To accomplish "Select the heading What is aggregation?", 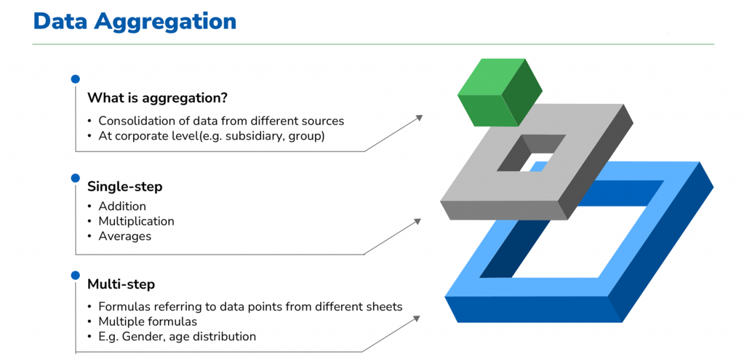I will [157, 97].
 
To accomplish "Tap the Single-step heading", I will [125, 187].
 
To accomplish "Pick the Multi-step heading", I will [121, 284].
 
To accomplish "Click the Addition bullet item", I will [122, 206].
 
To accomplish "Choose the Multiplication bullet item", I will [136, 221].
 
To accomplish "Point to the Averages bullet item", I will [125, 236].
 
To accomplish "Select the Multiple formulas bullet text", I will [148, 321].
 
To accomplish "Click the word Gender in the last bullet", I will [137, 337].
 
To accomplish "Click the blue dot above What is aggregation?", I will [75, 79].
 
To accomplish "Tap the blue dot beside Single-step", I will [75, 178].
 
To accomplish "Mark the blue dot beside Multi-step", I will [75, 275].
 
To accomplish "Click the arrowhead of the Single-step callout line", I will [417, 221].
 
